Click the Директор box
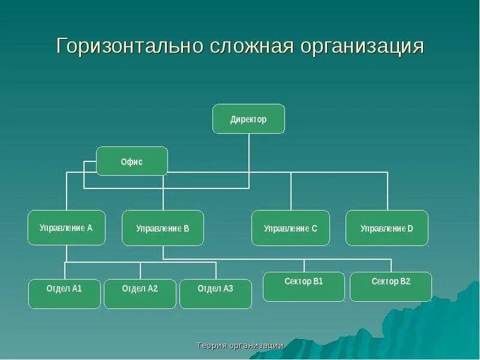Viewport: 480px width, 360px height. (248, 119)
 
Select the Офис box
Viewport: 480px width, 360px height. (132, 161)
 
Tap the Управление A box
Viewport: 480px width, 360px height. (66, 227)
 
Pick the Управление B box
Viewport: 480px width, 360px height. (163, 228)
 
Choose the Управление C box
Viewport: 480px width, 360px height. (290, 228)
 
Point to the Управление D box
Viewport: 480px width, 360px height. (387, 228)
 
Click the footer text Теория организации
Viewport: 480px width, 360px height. (240, 346)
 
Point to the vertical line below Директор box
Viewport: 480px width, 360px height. (248, 153)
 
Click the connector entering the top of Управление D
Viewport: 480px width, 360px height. (387, 192)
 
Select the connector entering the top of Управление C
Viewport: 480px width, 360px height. (290, 192)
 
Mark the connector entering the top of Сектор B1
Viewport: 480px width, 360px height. (304, 266)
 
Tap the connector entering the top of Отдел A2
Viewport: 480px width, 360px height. (140, 271)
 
